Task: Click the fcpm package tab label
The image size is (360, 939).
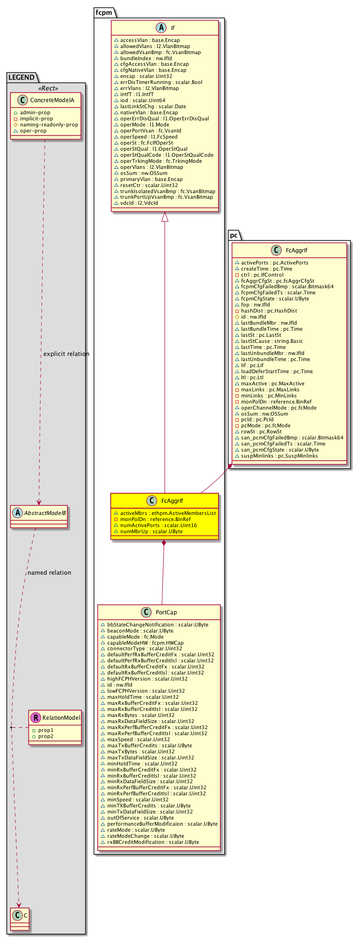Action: pos(104,13)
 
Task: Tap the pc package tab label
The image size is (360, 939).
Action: pos(234,235)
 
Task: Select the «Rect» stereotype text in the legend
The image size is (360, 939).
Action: pos(45,89)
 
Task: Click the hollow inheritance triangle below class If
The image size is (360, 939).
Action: pos(165,217)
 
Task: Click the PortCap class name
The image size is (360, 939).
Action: pos(166,612)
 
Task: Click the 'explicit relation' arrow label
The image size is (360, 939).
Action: pos(66,354)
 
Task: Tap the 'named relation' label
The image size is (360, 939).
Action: pos(49,572)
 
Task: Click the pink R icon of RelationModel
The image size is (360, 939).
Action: pos(35,717)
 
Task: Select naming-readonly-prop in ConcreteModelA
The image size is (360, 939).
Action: pos(49,125)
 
